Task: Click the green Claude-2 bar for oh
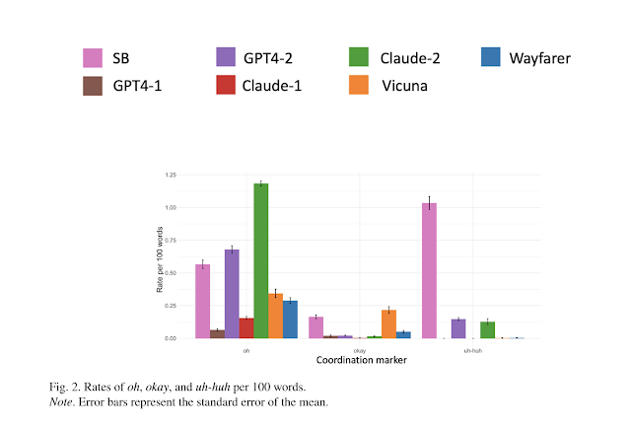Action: (x=260, y=261)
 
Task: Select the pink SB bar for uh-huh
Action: (x=429, y=271)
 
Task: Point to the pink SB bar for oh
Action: (x=202, y=301)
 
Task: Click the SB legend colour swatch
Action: (x=95, y=59)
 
